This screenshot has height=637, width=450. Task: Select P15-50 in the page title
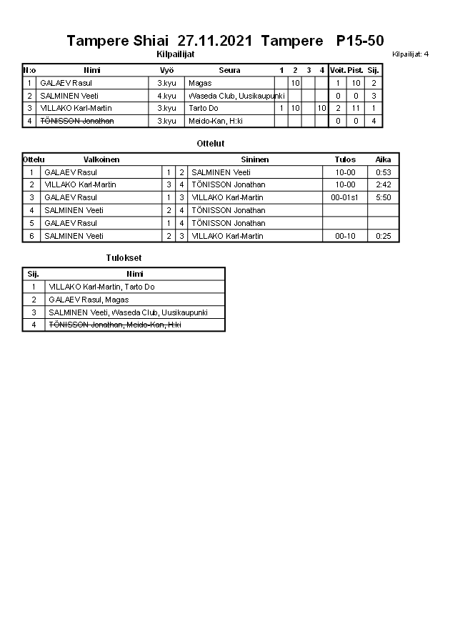pyautogui.click(x=360, y=41)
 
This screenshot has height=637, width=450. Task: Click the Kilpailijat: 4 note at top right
pyautogui.click(x=411, y=54)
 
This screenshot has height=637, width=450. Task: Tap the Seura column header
pyautogui.click(x=229, y=70)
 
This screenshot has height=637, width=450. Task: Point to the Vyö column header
pyautogui.click(x=166, y=70)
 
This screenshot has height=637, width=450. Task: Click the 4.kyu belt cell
pyautogui.click(x=166, y=96)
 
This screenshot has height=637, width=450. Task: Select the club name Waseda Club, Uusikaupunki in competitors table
pyautogui.click(x=236, y=96)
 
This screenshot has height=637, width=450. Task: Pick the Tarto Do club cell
pyautogui.click(x=204, y=108)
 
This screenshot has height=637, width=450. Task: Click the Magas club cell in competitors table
pyautogui.click(x=200, y=83)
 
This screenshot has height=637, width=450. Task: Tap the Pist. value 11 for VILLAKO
pyautogui.click(x=356, y=108)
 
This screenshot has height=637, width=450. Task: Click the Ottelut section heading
pyautogui.click(x=211, y=144)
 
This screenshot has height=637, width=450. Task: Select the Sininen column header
pyautogui.click(x=255, y=159)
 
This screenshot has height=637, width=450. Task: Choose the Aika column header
pyautogui.click(x=384, y=159)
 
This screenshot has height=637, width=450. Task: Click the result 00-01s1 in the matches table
pyautogui.click(x=345, y=197)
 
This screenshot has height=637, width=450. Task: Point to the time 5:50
pyautogui.click(x=384, y=197)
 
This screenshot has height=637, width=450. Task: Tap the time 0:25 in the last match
pyautogui.click(x=384, y=236)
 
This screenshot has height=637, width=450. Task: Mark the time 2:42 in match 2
pyautogui.click(x=384, y=184)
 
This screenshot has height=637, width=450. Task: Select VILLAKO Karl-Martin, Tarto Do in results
pyautogui.click(x=102, y=287)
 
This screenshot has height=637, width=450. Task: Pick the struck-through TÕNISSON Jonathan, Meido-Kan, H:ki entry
pyautogui.click(x=114, y=325)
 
